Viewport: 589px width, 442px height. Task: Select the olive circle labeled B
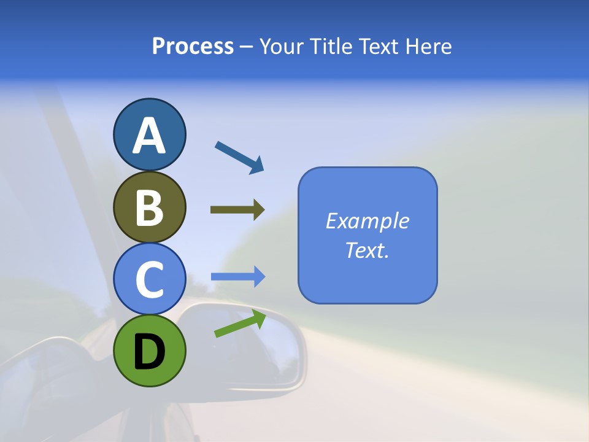pyautogui.click(x=150, y=207)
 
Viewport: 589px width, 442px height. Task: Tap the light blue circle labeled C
pyautogui.click(x=150, y=279)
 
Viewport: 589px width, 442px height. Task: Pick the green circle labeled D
pyautogui.click(x=150, y=351)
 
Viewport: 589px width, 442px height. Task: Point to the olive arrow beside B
pyautogui.click(x=237, y=210)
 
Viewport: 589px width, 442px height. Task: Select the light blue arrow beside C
pyautogui.click(x=237, y=277)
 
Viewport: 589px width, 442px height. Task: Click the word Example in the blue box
pyautogui.click(x=368, y=221)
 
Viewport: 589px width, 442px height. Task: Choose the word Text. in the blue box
pyautogui.click(x=368, y=250)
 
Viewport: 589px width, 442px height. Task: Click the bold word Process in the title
pyautogui.click(x=193, y=47)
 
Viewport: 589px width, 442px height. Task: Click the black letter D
pyautogui.click(x=150, y=352)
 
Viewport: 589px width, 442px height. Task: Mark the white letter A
pyautogui.click(x=150, y=136)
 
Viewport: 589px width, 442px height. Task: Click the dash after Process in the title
pyautogui.click(x=246, y=47)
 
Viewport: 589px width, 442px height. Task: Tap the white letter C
pyautogui.click(x=150, y=280)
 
